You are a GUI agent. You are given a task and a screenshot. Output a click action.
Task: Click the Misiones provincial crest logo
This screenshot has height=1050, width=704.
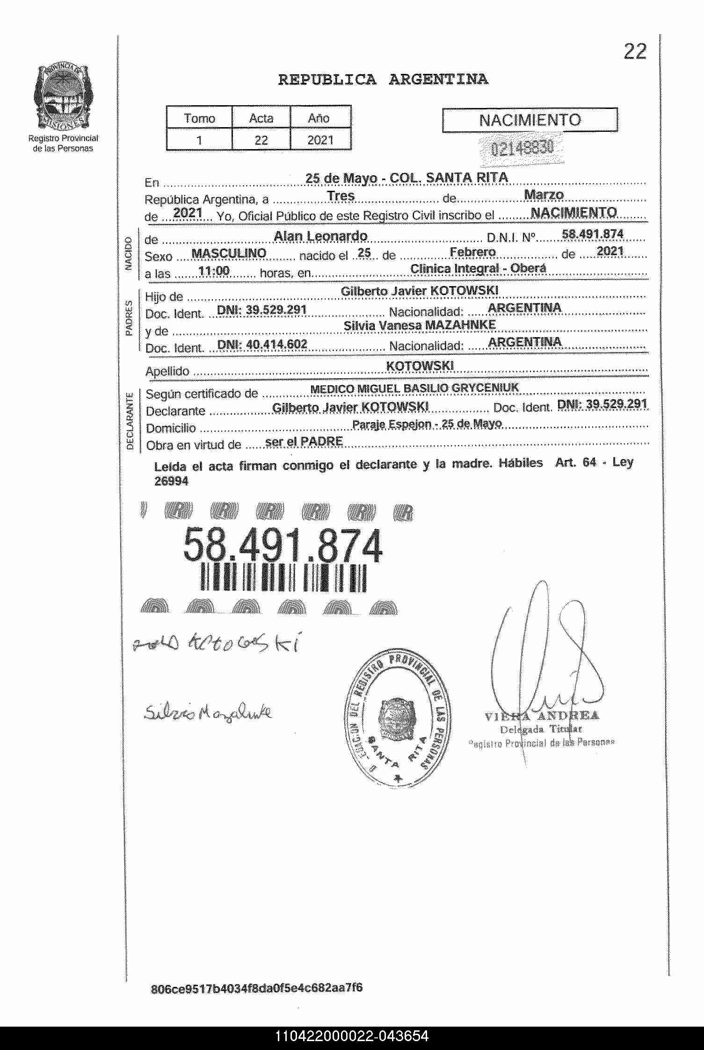pos(63,97)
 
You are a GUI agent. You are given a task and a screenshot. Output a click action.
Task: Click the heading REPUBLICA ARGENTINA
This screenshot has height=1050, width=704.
pos(383,80)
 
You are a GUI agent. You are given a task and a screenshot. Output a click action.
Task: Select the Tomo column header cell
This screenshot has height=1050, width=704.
pos(199,118)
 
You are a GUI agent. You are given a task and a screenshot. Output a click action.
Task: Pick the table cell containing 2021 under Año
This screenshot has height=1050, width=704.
pos(320,140)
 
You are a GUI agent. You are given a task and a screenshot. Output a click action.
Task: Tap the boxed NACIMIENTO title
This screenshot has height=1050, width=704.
pos(530,120)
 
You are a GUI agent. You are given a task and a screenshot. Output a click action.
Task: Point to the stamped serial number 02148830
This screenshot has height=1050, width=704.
pos(522,149)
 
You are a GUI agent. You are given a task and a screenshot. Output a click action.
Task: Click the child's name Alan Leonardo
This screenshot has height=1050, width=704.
pos(320,237)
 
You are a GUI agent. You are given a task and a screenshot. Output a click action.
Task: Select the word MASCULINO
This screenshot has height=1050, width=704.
pos(229,254)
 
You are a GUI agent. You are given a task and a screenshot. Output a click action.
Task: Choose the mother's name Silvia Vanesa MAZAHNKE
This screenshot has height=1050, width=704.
pos(419,325)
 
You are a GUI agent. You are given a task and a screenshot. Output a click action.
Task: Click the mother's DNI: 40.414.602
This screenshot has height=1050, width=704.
pos(262,345)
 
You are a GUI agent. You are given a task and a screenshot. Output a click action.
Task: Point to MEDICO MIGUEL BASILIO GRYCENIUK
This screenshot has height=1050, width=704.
pos(414,388)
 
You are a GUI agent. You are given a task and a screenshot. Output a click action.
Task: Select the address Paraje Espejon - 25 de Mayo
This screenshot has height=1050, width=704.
pos(427,424)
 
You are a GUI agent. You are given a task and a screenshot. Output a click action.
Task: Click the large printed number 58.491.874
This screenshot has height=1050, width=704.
pos(283,546)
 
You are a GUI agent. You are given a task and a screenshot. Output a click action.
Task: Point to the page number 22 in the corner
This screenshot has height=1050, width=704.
pos(634,52)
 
